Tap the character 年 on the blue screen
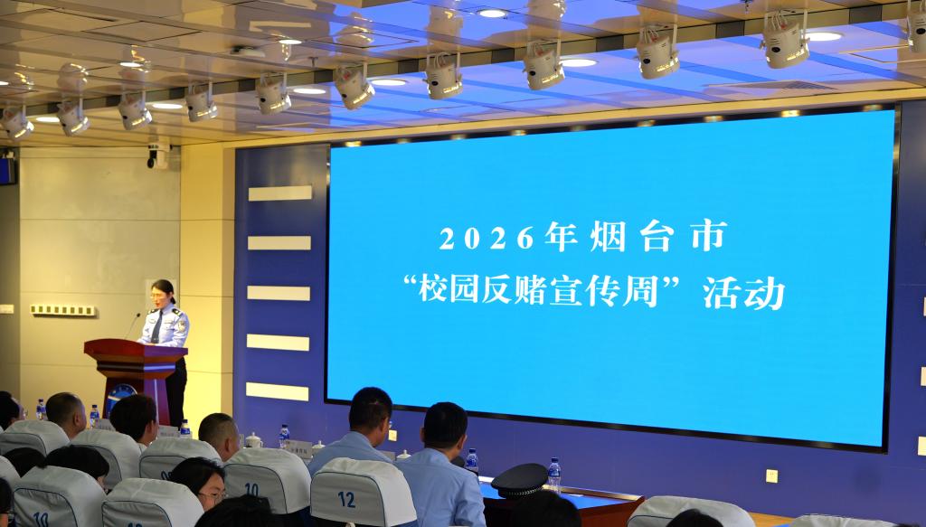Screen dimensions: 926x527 (561, 236)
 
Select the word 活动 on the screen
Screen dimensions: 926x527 (743, 293)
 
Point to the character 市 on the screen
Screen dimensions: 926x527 (709, 236)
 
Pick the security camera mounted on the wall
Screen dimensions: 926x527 (158, 155)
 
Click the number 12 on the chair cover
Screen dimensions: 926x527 (346, 499)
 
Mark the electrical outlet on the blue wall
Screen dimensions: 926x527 (771, 475)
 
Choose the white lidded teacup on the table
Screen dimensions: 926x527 (253, 440)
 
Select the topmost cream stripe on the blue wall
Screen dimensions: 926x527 (280, 193)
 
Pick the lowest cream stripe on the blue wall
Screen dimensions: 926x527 (277, 391)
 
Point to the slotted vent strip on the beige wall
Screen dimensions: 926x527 (63, 310)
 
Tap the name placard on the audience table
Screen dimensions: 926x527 (299, 449)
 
